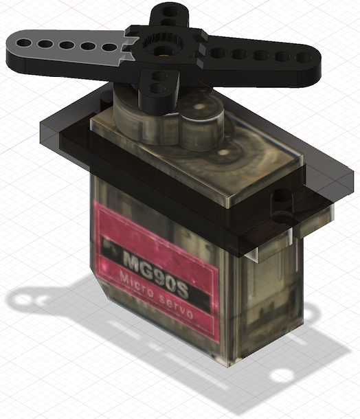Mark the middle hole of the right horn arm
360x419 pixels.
[x=261, y=55]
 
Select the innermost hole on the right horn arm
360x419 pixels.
[x=218, y=53]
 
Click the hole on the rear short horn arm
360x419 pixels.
[x=167, y=12]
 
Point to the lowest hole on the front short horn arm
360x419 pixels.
[x=157, y=88]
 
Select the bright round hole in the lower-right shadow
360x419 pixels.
[x=281, y=376]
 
